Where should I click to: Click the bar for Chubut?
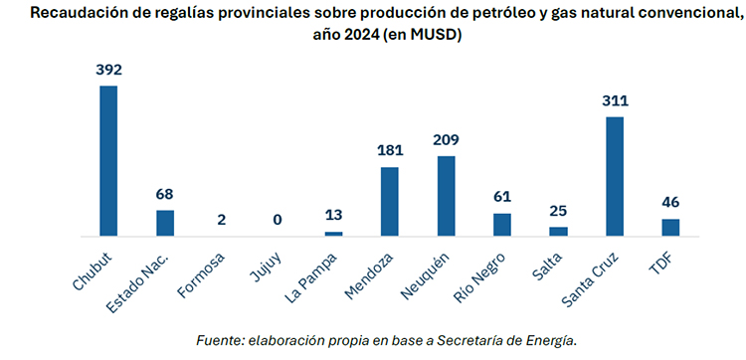(x=108, y=161)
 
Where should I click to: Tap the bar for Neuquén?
(x=446, y=196)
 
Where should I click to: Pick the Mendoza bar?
(x=390, y=201)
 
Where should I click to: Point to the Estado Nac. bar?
(x=165, y=223)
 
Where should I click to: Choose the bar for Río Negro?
(x=502, y=224)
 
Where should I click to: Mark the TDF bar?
(x=670, y=227)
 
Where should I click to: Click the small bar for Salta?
(x=558, y=231)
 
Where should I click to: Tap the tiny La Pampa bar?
(x=333, y=234)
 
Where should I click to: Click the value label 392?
(x=108, y=70)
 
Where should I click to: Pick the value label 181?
(x=390, y=151)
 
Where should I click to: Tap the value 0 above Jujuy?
(x=278, y=220)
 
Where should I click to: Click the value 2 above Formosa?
(x=221, y=219)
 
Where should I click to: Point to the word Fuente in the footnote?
(x=219, y=340)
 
